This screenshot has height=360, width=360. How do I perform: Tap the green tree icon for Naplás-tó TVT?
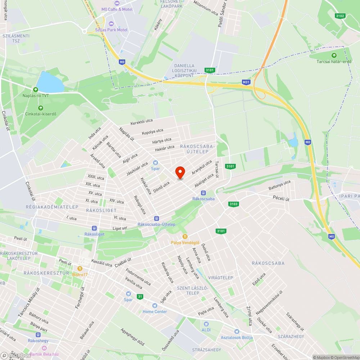[x=35, y=89]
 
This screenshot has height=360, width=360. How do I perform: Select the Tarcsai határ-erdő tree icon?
[x=334, y=55]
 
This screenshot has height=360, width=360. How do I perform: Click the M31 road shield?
[x=246, y=82]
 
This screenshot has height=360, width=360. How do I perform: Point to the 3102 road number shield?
[x=340, y=16]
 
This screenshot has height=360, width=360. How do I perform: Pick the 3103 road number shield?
[x=233, y=204]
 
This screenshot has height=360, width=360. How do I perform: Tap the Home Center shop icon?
[x=155, y=305]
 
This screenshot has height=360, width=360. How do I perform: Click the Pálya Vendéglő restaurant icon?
[x=185, y=236]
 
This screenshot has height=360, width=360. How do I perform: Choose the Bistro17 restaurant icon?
[x=80, y=269]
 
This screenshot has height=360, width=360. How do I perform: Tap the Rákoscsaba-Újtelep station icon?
[x=156, y=218]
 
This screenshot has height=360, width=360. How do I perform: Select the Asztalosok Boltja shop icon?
[x=237, y=331]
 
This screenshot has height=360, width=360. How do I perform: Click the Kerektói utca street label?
[x=141, y=122]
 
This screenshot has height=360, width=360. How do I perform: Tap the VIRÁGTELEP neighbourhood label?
[x=220, y=278]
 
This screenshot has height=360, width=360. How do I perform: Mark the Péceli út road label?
[x=282, y=198]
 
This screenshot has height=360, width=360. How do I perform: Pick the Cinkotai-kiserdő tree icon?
[x=40, y=108]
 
